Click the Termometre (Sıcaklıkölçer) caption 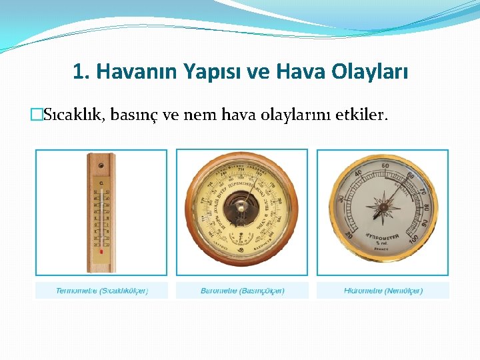101,291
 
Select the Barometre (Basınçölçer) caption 242,291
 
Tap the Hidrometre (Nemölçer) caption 383,291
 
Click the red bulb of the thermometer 101,253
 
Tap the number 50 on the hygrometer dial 385,166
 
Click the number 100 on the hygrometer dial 414,239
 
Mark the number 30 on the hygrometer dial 341,199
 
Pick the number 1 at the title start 77,71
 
